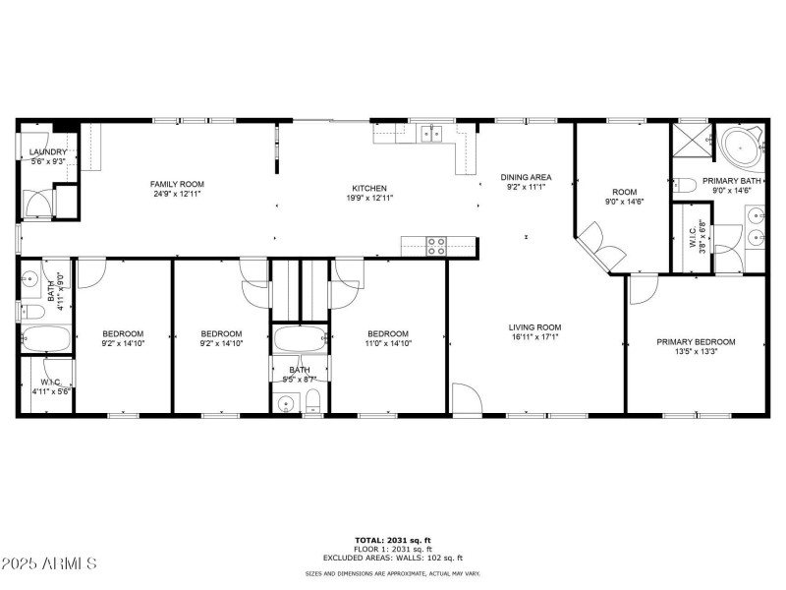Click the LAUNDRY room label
(x=45, y=152)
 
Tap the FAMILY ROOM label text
(x=177, y=184)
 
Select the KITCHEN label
(x=370, y=188)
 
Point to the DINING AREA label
(x=525, y=177)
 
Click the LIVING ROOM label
(x=534, y=327)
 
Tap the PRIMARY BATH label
(x=731, y=181)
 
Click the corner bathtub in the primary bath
(x=740, y=148)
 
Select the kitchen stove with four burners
(x=435, y=245)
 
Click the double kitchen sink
(x=431, y=134)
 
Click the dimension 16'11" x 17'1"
(x=534, y=337)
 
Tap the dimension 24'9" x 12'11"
(x=177, y=194)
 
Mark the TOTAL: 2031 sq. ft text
(x=393, y=540)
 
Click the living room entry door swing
(x=467, y=399)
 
